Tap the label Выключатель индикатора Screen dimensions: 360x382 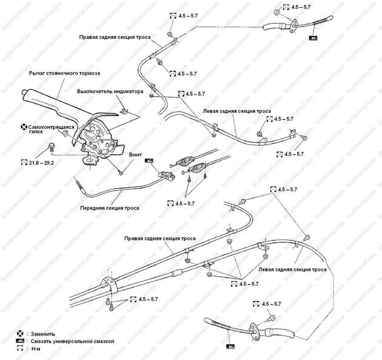click(x=110, y=91)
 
